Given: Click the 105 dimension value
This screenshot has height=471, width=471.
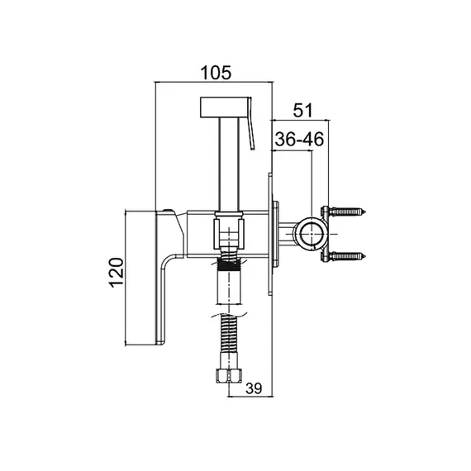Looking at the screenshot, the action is coord(216,73).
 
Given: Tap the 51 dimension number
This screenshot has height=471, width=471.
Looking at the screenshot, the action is coord(302,110).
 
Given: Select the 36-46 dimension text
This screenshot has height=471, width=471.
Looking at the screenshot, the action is coord(299,139).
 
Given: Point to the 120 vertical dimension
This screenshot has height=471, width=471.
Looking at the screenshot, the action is coord(117,273).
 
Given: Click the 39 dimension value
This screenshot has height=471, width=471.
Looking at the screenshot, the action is coord(254,388).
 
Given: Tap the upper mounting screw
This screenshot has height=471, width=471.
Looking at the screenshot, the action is coord(347,212).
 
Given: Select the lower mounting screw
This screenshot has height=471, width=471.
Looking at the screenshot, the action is coord(347,256).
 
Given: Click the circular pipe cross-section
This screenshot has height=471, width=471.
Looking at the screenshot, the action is coord(312,234).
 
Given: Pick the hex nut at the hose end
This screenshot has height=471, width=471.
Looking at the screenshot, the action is coord(228,375).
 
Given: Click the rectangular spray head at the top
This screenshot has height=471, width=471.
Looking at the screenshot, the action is coord(224,107).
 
